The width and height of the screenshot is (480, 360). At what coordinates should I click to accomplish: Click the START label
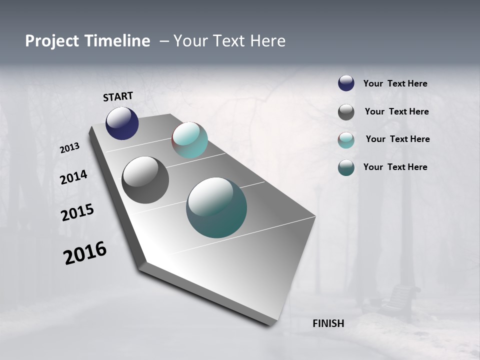tap(118, 96)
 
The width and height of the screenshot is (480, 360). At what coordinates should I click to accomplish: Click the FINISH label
tap(328, 323)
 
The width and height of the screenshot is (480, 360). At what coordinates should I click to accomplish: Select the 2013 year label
tap(69, 148)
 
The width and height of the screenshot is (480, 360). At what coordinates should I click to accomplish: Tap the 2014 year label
tap(74, 177)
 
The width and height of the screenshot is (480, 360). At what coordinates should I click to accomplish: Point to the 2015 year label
tap(77, 212)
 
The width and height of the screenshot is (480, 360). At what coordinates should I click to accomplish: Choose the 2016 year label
tap(85, 252)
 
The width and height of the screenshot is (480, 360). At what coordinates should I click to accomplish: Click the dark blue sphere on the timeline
tap(122, 123)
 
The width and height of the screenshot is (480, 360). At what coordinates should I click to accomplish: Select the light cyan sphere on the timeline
tap(189, 140)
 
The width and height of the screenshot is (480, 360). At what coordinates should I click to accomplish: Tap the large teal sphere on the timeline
tap(216, 207)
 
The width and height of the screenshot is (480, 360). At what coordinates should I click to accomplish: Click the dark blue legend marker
tap(346, 83)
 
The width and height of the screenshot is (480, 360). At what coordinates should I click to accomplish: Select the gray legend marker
tap(346, 112)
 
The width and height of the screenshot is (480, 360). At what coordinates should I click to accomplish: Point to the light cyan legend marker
tap(346, 140)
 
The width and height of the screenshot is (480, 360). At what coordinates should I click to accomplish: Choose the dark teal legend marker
tap(346, 167)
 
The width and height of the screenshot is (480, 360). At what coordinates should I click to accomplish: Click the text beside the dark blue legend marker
tap(395, 84)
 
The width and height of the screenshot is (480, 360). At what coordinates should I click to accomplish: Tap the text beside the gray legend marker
tap(396, 111)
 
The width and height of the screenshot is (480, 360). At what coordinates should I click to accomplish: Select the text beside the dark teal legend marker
tap(395, 167)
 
